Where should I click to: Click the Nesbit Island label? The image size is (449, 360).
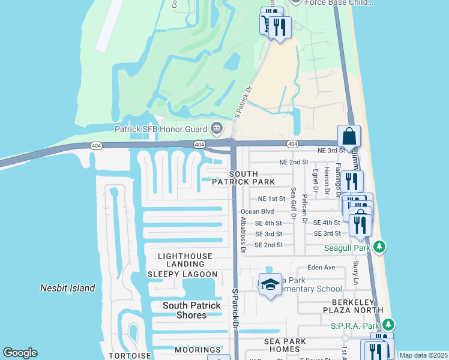67,288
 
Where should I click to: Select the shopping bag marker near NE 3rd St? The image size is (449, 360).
349,136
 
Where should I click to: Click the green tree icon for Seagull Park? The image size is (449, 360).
379,247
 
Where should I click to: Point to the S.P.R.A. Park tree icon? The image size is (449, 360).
388,325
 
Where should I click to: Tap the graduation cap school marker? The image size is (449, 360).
270,284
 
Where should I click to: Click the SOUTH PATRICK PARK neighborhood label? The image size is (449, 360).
251,177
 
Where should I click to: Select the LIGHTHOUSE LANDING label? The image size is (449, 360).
185,260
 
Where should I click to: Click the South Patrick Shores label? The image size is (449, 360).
192,310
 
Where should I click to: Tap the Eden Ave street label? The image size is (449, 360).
321,268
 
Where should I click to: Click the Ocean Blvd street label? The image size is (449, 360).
257,211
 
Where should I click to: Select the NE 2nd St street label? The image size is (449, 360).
294,162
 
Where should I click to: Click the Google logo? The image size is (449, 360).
20,353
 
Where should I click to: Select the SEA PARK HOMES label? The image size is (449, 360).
285,346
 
